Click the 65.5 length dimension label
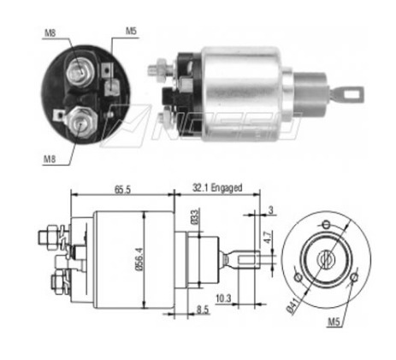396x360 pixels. click(122, 190)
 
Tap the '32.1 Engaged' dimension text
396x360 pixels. click(217, 188)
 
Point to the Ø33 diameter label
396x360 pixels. click(195, 217)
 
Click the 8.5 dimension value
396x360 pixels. click(203, 310)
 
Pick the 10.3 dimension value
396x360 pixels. click(223, 298)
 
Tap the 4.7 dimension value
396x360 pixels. click(268, 238)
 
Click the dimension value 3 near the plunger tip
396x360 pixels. click(270, 210)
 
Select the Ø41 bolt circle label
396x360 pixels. click(293, 305)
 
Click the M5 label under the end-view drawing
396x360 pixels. click(334, 322)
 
